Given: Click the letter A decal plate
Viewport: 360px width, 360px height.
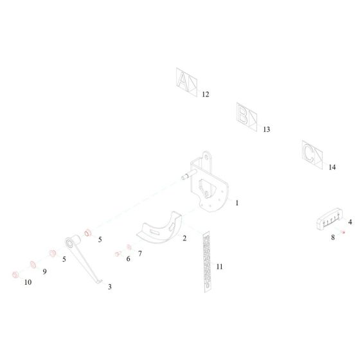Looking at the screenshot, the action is coord(186,82).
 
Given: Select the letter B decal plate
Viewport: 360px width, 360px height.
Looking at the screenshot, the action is coord(247,117).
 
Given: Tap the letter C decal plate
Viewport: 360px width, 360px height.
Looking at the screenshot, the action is coord(312,155).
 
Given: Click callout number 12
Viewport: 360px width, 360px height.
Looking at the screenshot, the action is coord(206,94).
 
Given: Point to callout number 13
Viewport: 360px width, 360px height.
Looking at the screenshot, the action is coord(266,129).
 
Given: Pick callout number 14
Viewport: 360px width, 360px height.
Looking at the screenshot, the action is coord(332,167).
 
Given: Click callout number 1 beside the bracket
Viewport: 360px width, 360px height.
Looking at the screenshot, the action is coord(237,203).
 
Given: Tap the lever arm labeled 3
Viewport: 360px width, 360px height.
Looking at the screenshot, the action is coord(82,257).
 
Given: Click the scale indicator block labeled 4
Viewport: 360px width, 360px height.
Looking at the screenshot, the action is coord(329,219).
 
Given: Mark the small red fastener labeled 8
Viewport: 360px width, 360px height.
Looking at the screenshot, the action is coord(343,232).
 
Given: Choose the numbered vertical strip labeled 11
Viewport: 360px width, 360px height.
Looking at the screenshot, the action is coord(207,262).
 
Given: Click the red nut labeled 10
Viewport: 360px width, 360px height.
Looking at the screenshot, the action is coord(15,274).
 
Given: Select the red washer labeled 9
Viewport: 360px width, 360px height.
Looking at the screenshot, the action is coord(33,264).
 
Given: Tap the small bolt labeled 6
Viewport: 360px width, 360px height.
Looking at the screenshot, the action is coord(118,254).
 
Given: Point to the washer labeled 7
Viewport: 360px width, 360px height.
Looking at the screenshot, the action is coord(129,247).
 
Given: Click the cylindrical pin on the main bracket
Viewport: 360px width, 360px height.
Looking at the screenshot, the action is coord(189,174).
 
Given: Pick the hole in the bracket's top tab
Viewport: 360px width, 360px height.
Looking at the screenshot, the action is coord(206,157).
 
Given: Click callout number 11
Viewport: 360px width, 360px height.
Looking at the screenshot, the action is coord(219,267).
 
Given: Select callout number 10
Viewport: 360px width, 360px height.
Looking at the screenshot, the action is coord(28,282).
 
